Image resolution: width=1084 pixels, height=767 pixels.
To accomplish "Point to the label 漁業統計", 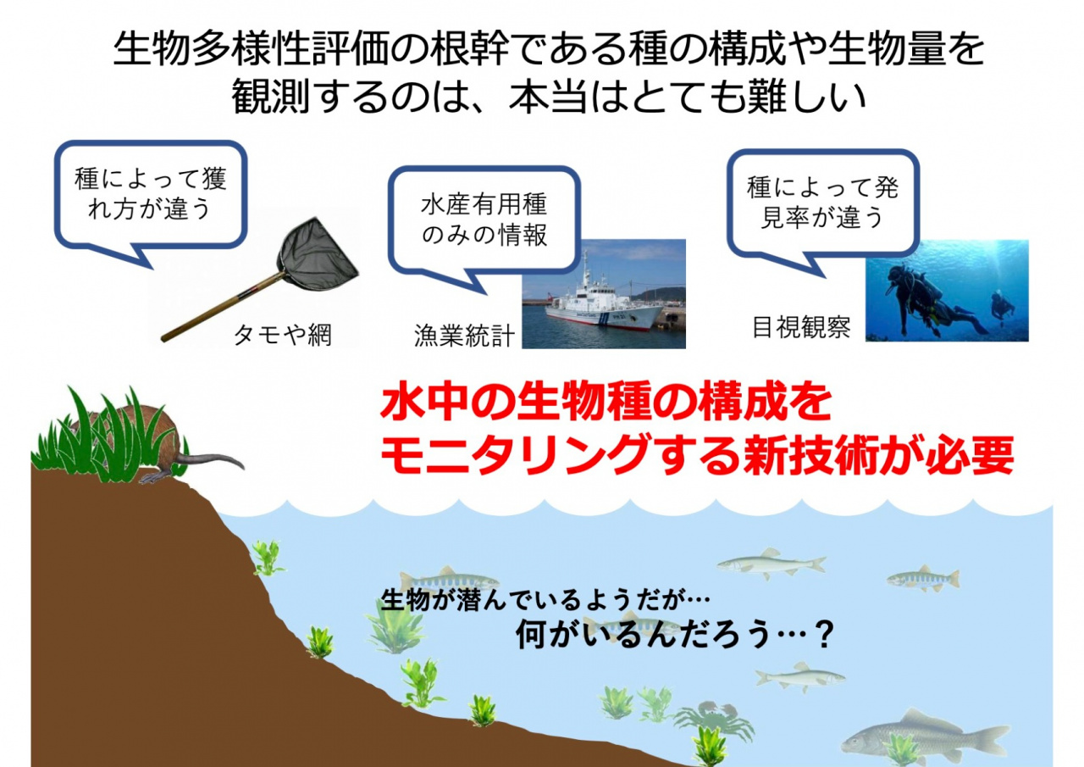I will tap(464, 336).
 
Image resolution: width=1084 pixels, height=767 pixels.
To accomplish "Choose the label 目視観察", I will tap(801, 328).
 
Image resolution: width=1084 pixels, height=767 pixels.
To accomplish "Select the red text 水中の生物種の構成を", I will tap(606, 404).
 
